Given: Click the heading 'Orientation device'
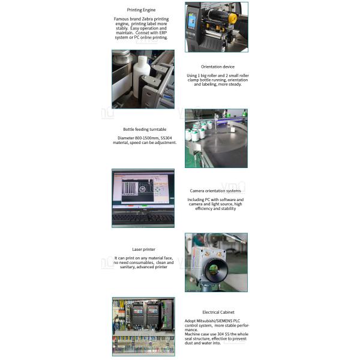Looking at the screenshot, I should [217, 67].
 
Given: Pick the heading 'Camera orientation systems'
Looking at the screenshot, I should [215, 191].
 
